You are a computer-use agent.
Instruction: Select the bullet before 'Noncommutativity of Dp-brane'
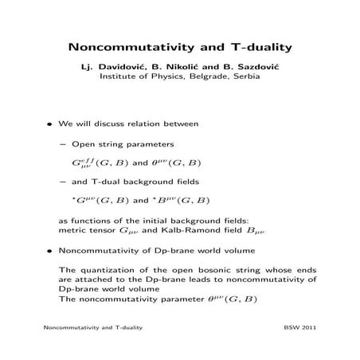[50, 249]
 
